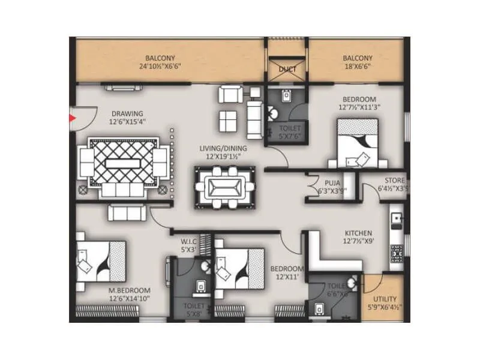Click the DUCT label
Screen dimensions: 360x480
coord(287,69)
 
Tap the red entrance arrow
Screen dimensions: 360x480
coord(73,118)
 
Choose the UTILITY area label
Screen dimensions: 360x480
coord(385,298)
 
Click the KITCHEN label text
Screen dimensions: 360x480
coord(358,233)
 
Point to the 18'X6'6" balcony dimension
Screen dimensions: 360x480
coord(358,67)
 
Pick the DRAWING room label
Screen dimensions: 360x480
coord(126,113)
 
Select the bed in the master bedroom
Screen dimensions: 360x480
coord(100,261)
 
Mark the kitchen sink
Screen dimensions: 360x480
coord(397,221)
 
